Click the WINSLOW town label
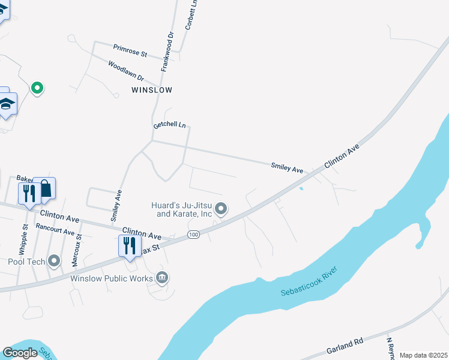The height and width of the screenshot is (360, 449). tap(152, 90)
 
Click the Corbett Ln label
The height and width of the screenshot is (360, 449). tap(190, 15)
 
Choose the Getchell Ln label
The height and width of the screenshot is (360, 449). tap(170, 125)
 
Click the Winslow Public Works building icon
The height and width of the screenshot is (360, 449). tap(162, 277)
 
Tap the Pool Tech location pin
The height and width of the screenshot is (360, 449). tap(54, 261)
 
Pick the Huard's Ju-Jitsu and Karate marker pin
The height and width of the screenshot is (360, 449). tap(221, 209)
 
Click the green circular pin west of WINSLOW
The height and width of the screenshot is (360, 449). tap(37, 88)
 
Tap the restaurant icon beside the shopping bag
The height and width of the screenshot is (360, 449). tap(28, 193)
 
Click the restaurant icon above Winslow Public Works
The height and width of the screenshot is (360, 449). tap(130, 245)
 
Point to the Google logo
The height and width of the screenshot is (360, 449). tap(20, 352)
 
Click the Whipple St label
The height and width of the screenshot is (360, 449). tap(24, 239)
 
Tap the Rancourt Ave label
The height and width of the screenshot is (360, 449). tap(55, 229)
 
